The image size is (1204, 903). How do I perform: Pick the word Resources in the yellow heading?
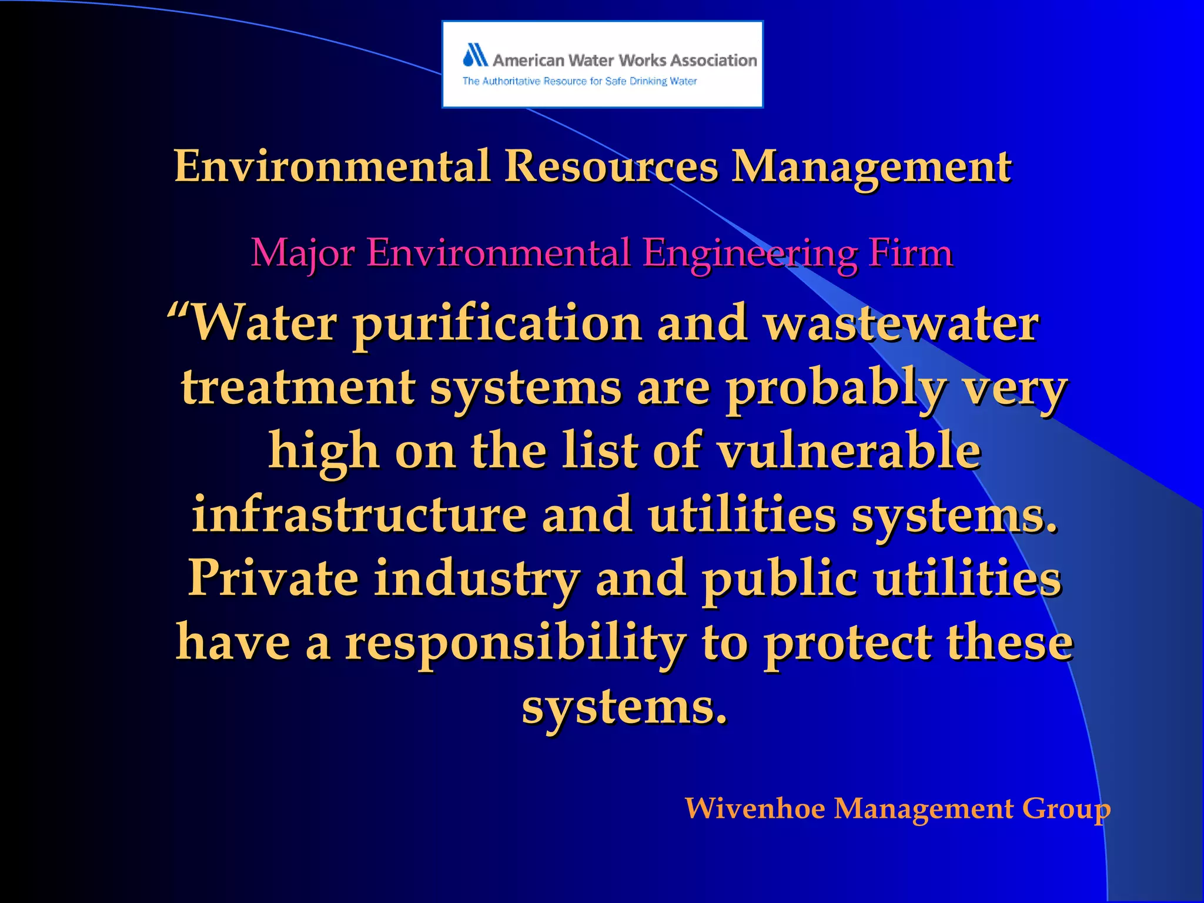pyautogui.click(x=611, y=166)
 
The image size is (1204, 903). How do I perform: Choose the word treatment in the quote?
pyautogui.click(x=298, y=388)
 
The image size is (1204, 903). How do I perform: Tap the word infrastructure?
pyautogui.click(x=359, y=515)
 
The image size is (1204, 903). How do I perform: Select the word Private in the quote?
pyautogui.click(x=273, y=578)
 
